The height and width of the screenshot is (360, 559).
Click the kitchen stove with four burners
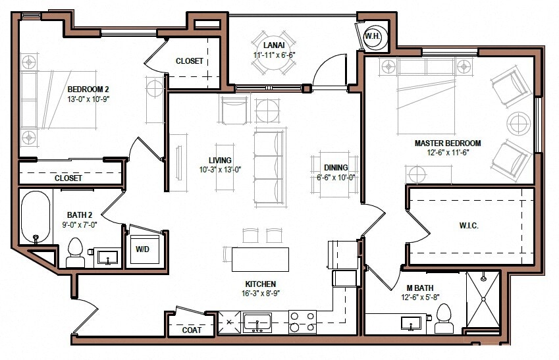tap(302, 322)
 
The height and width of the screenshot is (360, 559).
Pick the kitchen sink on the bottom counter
tap(257, 322)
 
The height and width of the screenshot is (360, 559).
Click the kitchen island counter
tap(259, 259)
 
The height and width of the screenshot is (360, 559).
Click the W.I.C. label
tap(468, 226)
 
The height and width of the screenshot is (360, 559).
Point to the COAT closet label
tap(192, 330)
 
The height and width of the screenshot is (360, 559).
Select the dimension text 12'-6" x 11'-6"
tap(447, 152)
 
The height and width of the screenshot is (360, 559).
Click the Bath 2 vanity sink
tap(106, 256)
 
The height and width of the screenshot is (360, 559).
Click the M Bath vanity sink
tap(412, 324)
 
